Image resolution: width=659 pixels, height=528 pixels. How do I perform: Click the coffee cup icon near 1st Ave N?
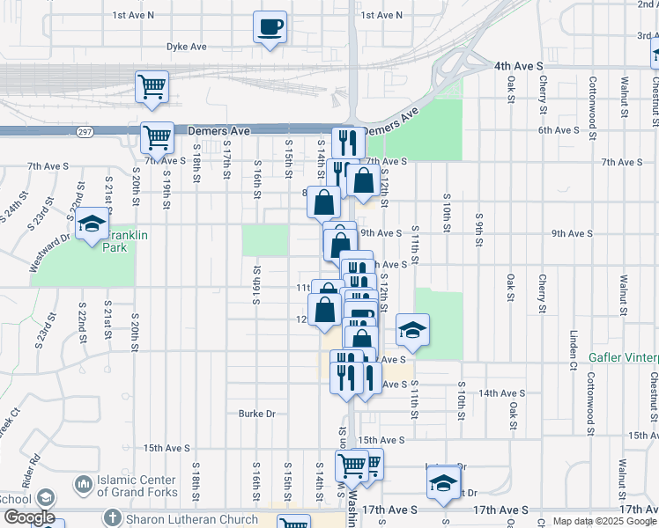(x=270, y=26)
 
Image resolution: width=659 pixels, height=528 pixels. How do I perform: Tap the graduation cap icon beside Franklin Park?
(x=92, y=224)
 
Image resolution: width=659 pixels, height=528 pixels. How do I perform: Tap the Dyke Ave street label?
(x=186, y=47)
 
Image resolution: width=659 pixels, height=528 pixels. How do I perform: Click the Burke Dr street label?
(x=257, y=414)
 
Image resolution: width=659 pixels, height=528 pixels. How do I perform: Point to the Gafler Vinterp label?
(x=625, y=359)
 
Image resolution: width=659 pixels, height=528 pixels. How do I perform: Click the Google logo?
(x=28, y=517)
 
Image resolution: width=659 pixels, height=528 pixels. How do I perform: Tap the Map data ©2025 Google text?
(x=604, y=521)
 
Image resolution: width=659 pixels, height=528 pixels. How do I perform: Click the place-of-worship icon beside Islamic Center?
(x=84, y=485)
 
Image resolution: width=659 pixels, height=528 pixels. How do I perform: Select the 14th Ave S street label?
(x=504, y=393)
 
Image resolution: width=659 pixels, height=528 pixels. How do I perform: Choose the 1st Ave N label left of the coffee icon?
(x=133, y=15)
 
